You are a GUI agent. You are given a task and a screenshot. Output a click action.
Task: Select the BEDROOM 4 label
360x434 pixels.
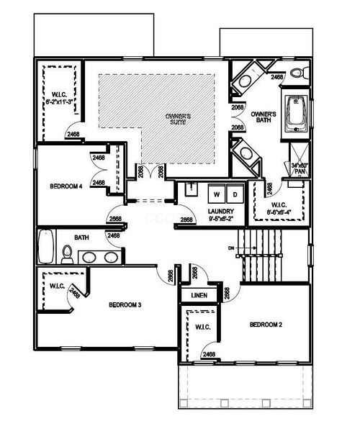[x=67, y=186]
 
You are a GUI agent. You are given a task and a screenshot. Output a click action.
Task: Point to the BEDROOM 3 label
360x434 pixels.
[x=125, y=305]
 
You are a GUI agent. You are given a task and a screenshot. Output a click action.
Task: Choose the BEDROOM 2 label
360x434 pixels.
[x=266, y=325]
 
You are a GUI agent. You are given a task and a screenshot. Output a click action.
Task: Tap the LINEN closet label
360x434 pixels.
[x=199, y=296]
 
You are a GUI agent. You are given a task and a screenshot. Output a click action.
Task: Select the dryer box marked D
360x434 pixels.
[x=235, y=194]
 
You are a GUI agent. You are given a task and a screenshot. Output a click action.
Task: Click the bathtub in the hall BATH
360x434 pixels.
[x=45, y=246]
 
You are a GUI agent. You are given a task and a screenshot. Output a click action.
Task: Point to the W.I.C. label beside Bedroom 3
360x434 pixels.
[x=58, y=286]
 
